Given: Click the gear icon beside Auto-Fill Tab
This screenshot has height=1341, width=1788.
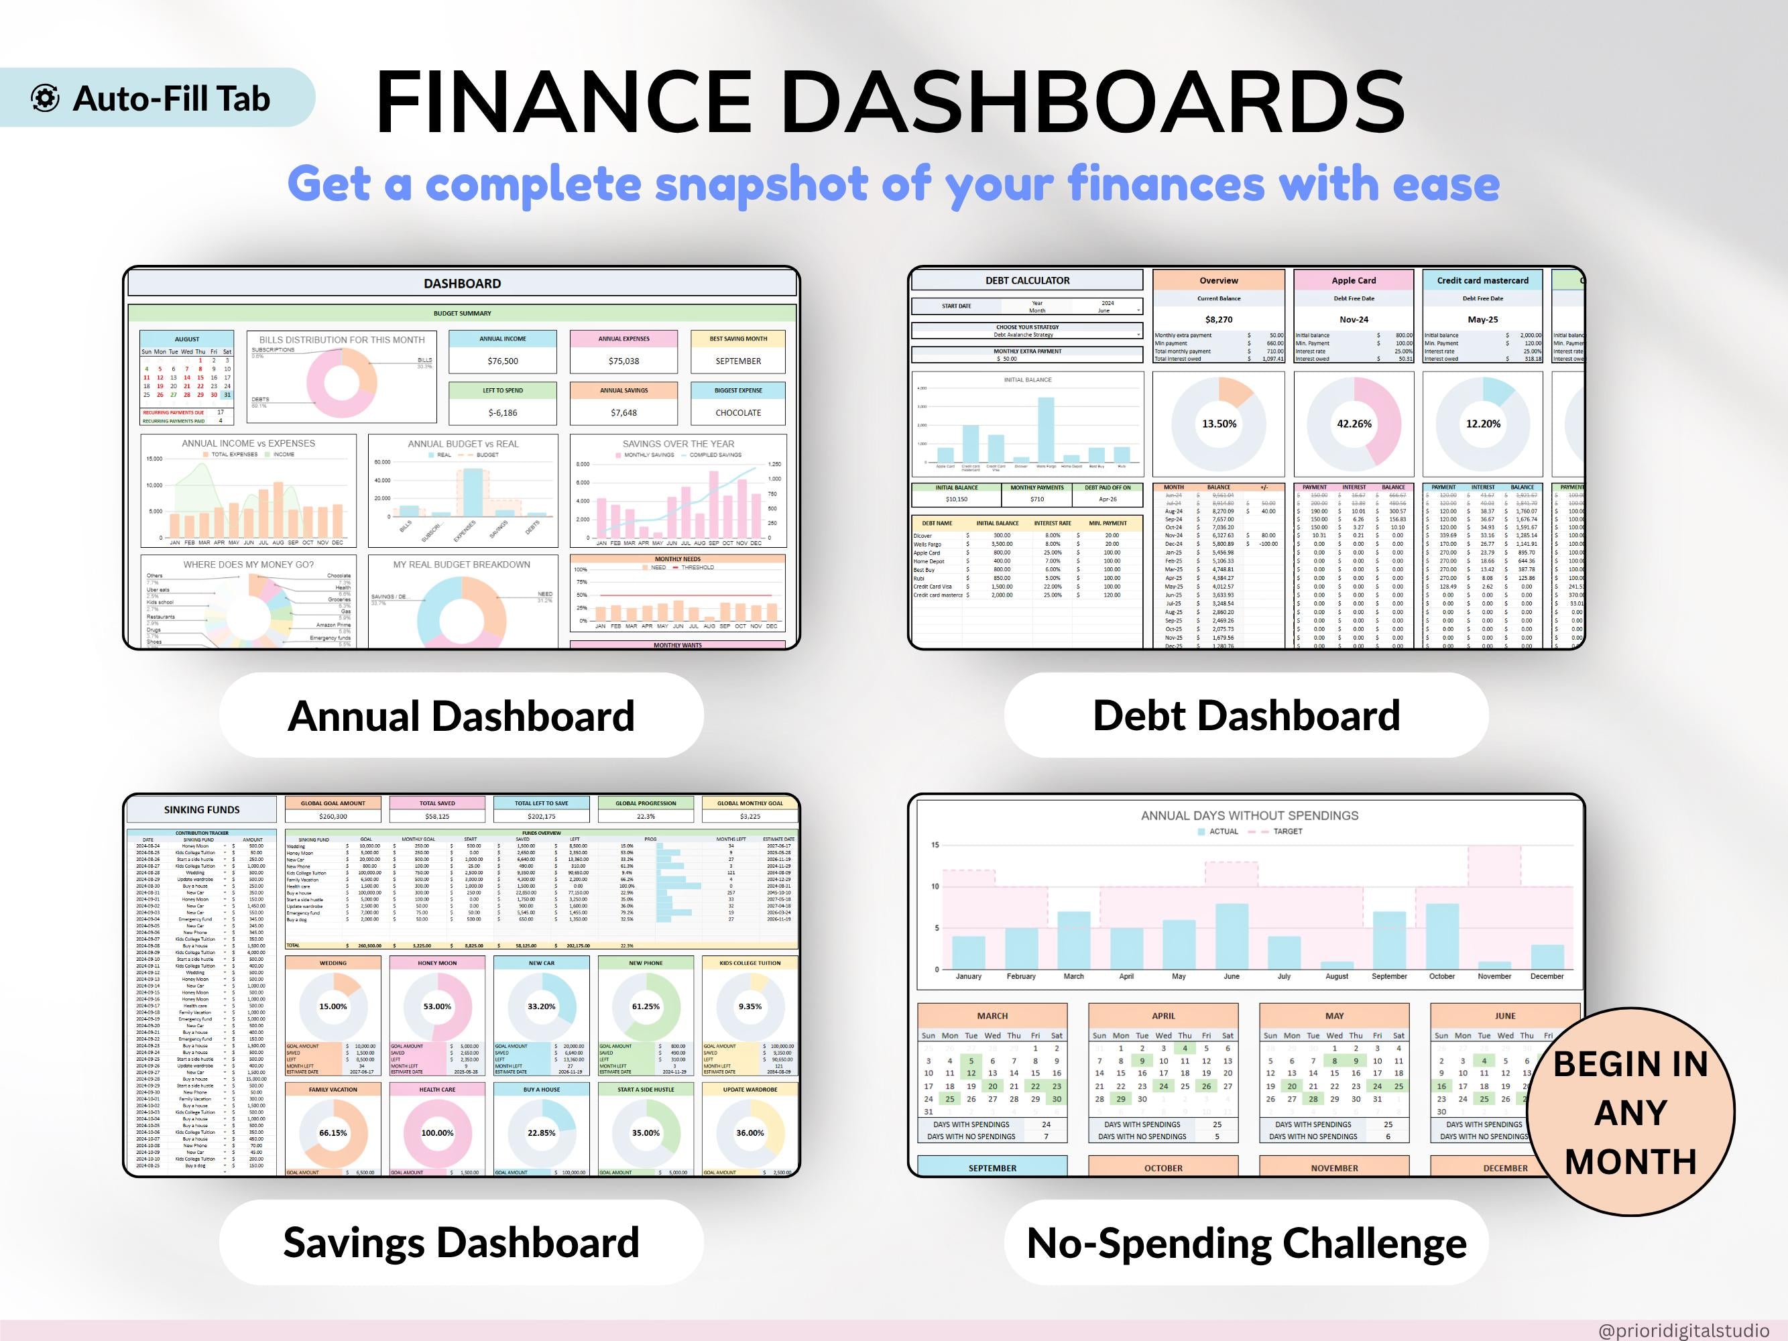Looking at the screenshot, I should (x=46, y=98).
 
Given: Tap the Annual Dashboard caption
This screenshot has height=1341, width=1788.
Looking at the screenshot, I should (x=461, y=716).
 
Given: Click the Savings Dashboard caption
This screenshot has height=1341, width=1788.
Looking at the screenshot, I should (x=461, y=1242).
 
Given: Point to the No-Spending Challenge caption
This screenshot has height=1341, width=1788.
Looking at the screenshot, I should (x=1246, y=1242).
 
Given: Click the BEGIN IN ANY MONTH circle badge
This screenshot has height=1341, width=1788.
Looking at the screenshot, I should (x=1630, y=1112).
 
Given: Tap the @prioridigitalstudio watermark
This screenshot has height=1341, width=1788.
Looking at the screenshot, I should (x=1683, y=1330).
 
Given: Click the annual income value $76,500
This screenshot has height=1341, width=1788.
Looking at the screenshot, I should (x=503, y=361).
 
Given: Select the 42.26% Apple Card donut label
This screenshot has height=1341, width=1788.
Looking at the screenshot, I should (x=1354, y=424).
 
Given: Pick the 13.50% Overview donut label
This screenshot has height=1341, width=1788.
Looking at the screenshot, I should (x=1219, y=424).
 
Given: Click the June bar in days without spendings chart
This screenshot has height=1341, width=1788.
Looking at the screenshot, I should (x=1231, y=937).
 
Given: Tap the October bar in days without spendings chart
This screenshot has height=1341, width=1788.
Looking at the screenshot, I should (x=1441, y=937).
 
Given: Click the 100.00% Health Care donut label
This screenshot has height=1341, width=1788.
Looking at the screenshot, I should (x=437, y=1133).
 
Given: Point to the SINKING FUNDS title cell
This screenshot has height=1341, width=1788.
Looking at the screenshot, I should (x=202, y=810).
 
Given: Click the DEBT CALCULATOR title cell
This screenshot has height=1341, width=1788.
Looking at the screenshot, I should (x=1027, y=280).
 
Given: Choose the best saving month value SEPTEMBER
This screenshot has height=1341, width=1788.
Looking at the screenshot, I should (x=738, y=361).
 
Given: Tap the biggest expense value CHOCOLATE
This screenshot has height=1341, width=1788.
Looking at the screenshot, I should (x=738, y=413).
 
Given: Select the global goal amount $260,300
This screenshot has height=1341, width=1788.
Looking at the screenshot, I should (x=333, y=817).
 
